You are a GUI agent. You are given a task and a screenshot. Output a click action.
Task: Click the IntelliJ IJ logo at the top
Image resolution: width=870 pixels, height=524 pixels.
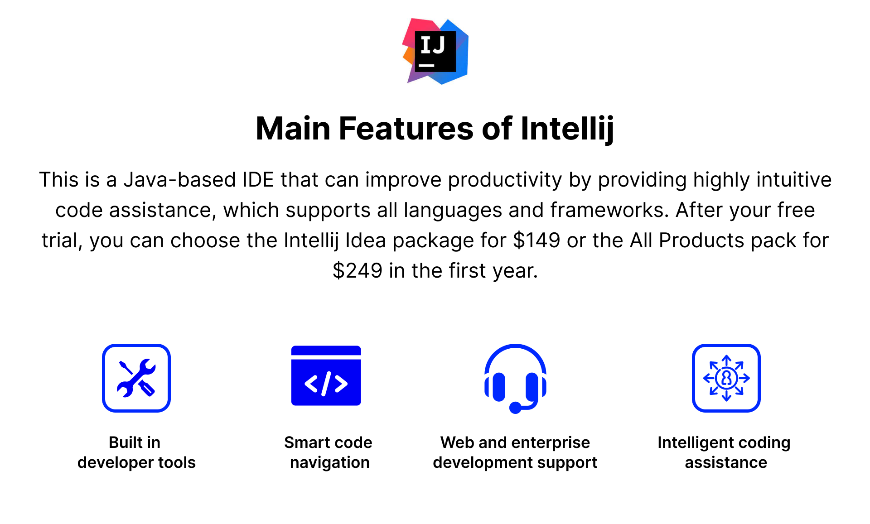pyautogui.click(x=435, y=51)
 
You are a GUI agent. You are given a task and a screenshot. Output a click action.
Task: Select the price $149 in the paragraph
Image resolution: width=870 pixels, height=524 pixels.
pyautogui.click(x=536, y=240)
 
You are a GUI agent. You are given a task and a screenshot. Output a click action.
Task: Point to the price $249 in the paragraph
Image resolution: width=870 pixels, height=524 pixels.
pyautogui.click(x=358, y=270)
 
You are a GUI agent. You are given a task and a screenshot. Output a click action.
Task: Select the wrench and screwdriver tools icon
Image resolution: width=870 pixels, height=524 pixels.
pyautogui.click(x=136, y=378)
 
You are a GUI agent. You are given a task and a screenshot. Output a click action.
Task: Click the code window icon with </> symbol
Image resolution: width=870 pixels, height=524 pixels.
pyautogui.click(x=326, y=375)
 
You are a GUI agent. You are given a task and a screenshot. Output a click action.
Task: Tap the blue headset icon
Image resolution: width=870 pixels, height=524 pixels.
pyautogui.click(x=515, y=379)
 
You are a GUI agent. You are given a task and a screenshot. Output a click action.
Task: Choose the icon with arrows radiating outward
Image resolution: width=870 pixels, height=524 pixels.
pyautogui.click(x=726, y=378)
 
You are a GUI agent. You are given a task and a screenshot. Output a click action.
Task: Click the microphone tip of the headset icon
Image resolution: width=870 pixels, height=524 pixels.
pyautogui.click(x=515, y=408)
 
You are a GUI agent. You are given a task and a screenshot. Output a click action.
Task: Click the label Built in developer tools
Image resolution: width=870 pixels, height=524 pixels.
pyautogui.click(x=136, y=452)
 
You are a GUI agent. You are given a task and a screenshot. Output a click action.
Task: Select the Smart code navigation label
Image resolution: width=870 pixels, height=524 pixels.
pyautogui.click(x=329, y=452)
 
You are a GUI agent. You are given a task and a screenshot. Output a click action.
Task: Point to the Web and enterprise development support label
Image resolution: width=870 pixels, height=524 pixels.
pyautogui.click(x=515, y=452)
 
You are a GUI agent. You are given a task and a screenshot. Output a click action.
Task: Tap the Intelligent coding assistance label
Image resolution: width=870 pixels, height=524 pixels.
pyautogui.click(x=724, y=452)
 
